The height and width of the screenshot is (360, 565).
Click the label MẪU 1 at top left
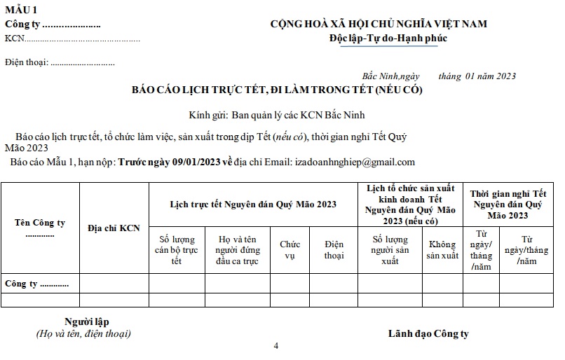(22, 10)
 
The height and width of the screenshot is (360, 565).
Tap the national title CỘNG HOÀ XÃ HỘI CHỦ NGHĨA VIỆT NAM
(379, 24)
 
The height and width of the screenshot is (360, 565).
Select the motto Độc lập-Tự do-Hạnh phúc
(388, 38)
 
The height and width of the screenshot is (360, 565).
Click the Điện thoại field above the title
(60, 62)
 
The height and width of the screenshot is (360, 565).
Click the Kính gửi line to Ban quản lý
(277, 115)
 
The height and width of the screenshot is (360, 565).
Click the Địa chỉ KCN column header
(114, 228)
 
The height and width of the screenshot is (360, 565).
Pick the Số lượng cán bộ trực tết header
(177, 250)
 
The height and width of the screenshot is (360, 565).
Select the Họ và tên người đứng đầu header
(237, 250)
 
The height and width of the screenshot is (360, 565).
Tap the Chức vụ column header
(290, 250)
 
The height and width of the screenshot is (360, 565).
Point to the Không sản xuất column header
(442, 250)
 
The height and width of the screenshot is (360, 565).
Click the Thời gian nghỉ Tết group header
(508, 204)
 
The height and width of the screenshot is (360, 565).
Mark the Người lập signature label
(83, 321)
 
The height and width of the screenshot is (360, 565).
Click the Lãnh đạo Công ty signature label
(428, 333)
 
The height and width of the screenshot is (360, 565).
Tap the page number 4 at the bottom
(276, 346)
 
